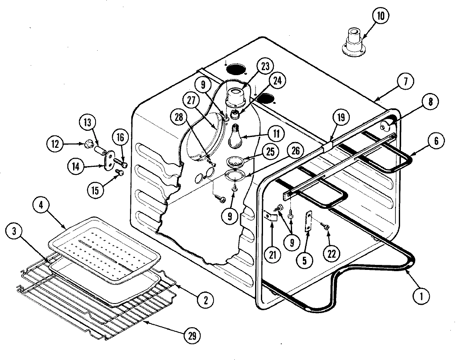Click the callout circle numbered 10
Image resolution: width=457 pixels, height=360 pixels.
coord(381,17)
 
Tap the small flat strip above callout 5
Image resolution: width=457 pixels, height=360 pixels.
coord(309,223)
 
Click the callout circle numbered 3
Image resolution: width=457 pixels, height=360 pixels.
coord(15,232)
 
